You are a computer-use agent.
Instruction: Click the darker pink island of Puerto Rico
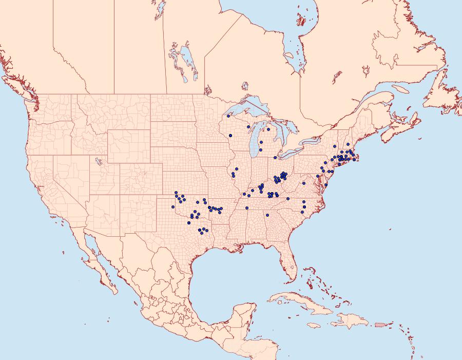click(x=380, y=324)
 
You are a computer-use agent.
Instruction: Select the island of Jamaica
click(x=314, y=326)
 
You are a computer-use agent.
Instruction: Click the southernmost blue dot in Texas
click(x=201, y=233)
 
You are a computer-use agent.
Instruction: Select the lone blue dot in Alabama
click(x=267, y=215)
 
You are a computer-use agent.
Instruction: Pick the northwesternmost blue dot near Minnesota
click(x=228, y=116)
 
